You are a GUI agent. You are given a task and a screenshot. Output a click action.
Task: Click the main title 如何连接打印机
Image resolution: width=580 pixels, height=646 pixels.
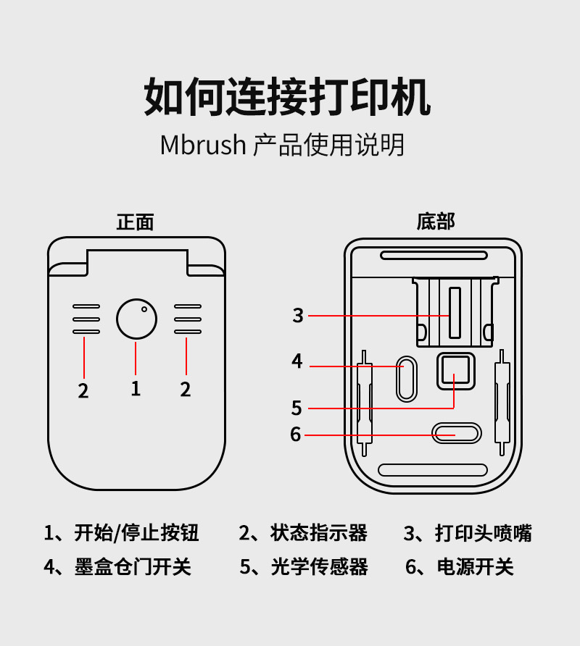pos(288,96)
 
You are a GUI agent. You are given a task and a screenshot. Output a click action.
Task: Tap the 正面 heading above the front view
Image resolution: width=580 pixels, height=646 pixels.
pos(135,222)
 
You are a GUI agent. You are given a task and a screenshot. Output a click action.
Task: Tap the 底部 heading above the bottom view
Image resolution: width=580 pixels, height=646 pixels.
pos(435,221)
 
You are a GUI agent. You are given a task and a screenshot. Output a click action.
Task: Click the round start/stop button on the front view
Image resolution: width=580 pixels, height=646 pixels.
pos(136,319)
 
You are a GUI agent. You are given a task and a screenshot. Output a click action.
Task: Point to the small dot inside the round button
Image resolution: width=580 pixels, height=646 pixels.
pos(144,309)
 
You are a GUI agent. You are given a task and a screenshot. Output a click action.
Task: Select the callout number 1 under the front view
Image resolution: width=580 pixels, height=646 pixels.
pos(136,388)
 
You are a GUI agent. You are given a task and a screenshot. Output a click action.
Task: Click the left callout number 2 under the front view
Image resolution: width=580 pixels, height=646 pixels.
pos(83,390)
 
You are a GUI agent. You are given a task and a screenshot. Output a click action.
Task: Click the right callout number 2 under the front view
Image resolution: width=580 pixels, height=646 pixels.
pos(186,390)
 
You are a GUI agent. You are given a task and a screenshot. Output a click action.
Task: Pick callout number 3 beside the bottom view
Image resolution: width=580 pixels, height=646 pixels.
pos(298,316)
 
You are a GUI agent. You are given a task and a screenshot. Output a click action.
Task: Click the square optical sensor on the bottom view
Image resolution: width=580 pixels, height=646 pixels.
pos(455,371)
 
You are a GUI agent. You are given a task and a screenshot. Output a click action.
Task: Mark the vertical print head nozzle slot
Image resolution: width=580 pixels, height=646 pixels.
pos(455,313)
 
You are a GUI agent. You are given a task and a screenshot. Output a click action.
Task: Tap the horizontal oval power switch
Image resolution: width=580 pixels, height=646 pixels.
pos(456,434)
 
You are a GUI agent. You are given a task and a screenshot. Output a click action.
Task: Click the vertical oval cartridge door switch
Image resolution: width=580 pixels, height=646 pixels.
pos(407,378)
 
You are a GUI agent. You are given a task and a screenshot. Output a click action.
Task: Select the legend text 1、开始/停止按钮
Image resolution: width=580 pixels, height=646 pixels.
pos(121,534)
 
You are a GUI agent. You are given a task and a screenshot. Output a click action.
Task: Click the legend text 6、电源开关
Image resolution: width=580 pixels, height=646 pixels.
pos(459,566)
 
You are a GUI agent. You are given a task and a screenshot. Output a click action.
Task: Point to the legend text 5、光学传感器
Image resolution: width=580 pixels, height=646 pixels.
pos(304,566)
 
